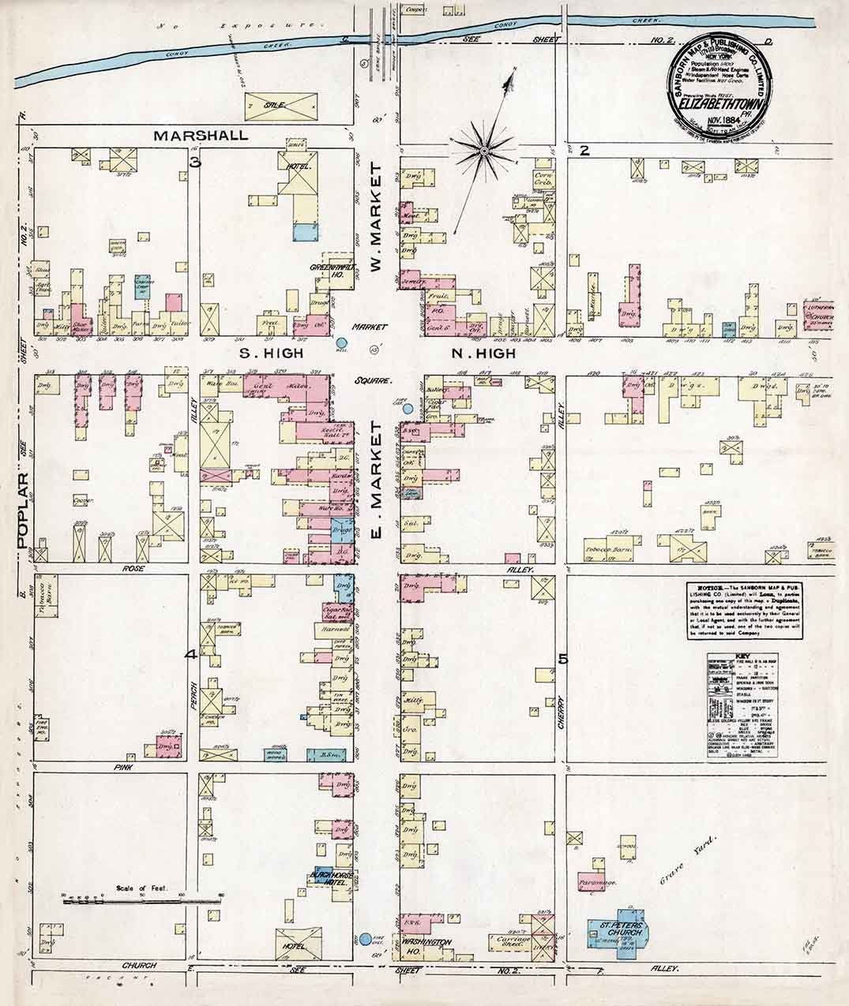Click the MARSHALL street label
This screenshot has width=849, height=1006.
(201, 135)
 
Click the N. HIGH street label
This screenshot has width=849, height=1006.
(483, 353)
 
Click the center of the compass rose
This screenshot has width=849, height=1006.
(483, 149)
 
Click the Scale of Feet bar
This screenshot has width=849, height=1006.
(142, 897)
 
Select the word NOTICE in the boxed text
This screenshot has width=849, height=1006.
(704, 590)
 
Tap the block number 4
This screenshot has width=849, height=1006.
(190, 655)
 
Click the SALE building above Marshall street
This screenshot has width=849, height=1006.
(280, 103)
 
